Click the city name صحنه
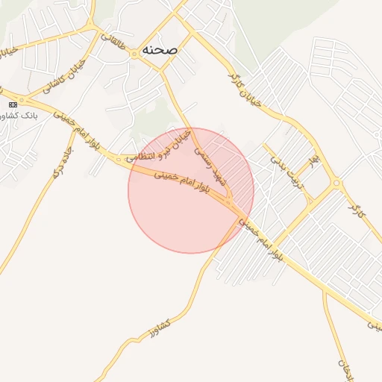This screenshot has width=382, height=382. point(159,49)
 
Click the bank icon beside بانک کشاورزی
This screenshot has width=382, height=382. point(13,104)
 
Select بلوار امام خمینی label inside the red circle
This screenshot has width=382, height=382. point(191,187)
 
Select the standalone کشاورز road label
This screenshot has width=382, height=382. point(159,325)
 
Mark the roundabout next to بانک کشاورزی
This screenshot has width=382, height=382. point(22,100)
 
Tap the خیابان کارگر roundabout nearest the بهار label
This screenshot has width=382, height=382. point(336,183)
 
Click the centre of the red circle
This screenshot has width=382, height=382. point(191,190)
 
